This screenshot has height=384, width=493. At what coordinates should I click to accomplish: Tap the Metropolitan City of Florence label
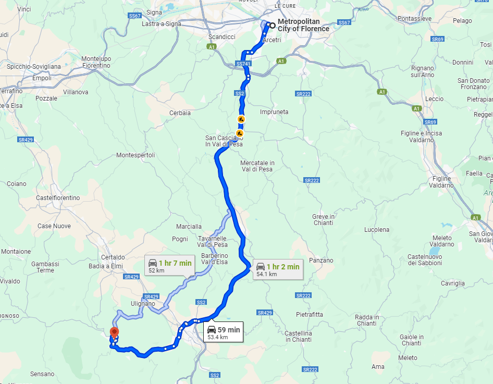303,25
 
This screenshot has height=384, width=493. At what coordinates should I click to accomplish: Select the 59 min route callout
223,332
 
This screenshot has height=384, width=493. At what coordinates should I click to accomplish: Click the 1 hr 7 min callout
170,266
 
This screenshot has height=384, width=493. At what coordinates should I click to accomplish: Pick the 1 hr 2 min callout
278,269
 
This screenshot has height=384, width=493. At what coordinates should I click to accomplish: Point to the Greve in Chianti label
323,219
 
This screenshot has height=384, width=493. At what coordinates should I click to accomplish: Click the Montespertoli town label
135,155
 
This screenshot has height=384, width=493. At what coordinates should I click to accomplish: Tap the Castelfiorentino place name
58,198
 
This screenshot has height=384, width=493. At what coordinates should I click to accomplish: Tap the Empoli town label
42,78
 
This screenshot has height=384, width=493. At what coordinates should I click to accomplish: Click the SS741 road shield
244,64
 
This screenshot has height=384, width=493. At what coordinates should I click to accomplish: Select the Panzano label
321,260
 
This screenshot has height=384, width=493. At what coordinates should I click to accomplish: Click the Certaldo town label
113,257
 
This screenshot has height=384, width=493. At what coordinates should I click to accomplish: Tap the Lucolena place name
376,229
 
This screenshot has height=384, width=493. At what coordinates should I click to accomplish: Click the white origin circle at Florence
272,25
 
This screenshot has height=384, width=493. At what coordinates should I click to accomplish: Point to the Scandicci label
222,37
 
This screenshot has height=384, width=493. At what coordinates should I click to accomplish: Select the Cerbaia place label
180,113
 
